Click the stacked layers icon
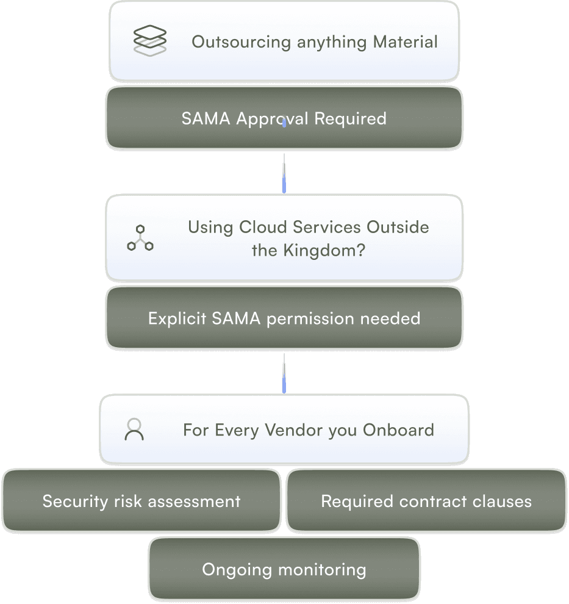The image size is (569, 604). (x=149, y=41)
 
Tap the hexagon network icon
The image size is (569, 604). (x=140, y=238)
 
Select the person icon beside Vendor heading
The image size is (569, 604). (x=134, y=430)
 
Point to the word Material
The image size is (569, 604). (x=406, y=42)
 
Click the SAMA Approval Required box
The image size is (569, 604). (x=284, y=118)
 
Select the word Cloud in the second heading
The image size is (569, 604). (x=264, y=227)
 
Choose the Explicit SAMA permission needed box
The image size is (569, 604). (x=284, y=318)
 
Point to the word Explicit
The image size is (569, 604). (x=176, y=318)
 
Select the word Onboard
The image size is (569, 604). (x=399, y=430)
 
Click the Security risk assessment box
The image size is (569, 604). (x=141, y=502)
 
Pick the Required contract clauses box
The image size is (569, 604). (x=426, y=502)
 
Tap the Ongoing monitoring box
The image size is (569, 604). (x=284, y=570)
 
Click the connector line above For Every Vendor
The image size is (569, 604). (x=284, y=373)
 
